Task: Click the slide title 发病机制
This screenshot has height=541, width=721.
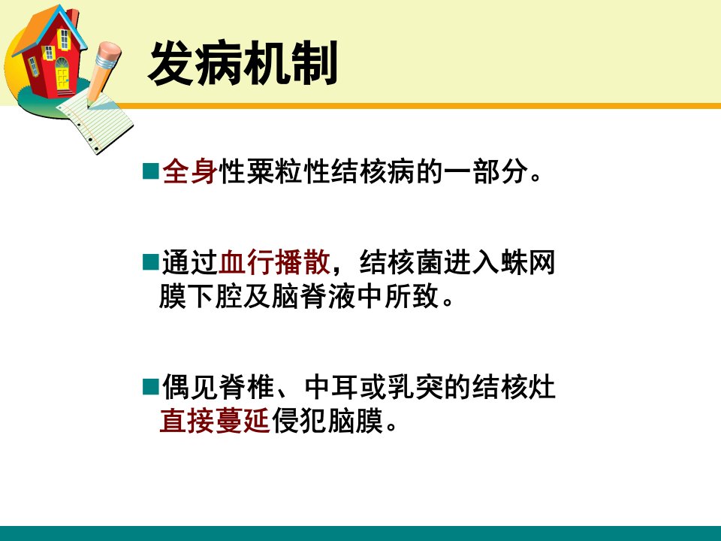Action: (243, 63)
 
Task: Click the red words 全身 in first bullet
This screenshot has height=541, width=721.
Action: (189, 171)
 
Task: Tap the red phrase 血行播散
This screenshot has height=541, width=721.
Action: (275, 262)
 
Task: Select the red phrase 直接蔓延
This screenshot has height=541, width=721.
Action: (214, 421)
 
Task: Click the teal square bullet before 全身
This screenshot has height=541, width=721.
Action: (151, 171)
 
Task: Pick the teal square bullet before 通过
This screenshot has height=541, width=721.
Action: (151, 261)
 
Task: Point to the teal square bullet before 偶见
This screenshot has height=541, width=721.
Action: (151, 387)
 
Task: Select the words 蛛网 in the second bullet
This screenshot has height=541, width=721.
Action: (527, 262)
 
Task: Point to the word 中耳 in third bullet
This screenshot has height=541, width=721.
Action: (333, 388)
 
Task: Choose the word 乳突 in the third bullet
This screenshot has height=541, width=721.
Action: (415, 388)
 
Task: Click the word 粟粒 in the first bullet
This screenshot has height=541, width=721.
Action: (274, 171)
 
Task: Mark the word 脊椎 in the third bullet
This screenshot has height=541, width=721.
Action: (246, 388)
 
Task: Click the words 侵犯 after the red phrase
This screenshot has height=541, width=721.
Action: (299, 421)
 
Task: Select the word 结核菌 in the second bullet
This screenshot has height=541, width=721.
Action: (401, 262)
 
